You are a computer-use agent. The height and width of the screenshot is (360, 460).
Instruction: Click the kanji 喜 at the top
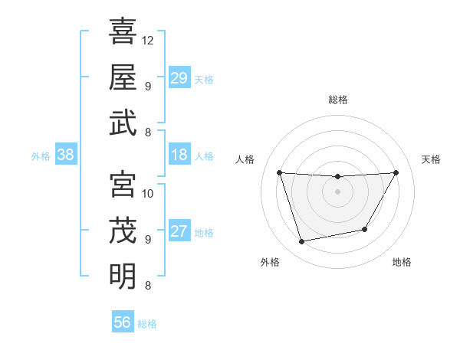point(123,32)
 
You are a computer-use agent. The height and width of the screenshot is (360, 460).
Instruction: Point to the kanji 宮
point(123,184)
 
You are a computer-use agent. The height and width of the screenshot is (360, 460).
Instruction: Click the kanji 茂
point(123,230)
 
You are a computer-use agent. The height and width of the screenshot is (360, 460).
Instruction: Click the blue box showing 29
point(179,78)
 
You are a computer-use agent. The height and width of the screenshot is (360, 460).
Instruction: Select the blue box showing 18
point(179,155)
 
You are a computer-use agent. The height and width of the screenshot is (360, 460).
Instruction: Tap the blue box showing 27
point(179,231)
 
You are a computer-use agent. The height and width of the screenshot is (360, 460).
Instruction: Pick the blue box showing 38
point(66,155)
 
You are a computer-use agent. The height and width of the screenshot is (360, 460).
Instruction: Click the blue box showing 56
point(123,322)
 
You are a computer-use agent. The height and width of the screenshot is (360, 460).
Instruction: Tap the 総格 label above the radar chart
point(338,100)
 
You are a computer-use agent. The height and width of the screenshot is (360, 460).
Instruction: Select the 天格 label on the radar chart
point(432,159)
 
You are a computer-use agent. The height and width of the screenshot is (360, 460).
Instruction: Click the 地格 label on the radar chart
point(402,262)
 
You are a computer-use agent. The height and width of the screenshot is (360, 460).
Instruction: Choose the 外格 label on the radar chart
point(270,262)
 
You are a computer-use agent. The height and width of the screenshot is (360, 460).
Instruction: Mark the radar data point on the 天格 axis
point(396,172)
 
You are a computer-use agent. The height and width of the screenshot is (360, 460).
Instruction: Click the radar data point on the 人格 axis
point(280,172)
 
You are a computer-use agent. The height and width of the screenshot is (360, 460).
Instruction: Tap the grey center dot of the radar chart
point(338,191)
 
